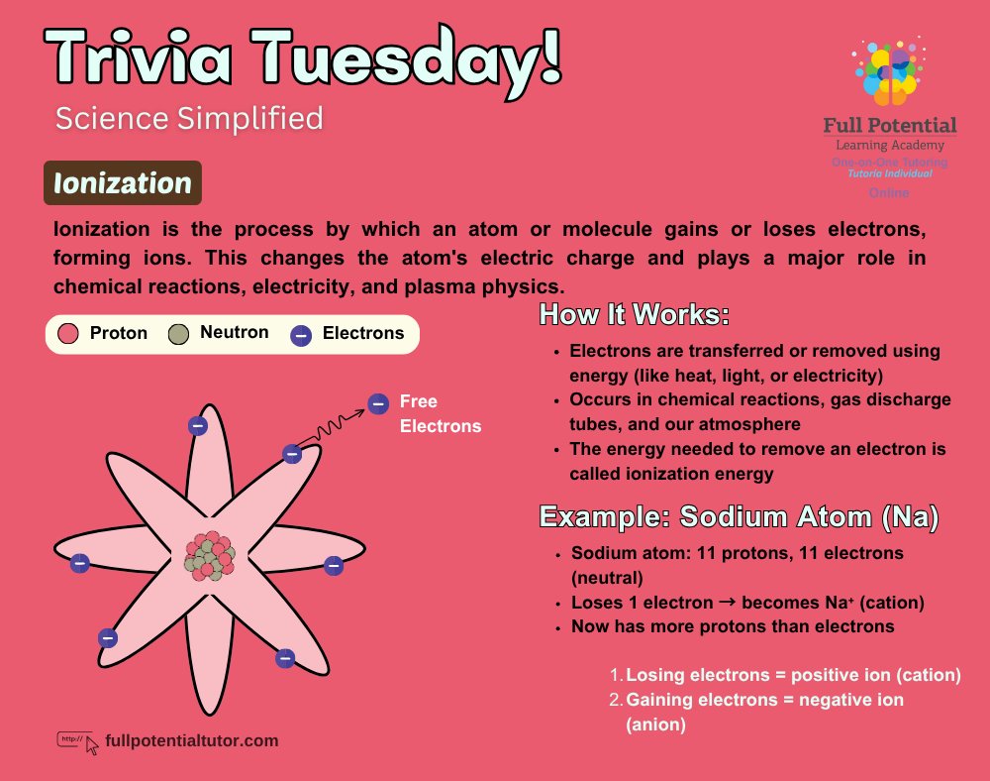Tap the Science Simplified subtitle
click(189, 119)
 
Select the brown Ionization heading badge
click(123, 183)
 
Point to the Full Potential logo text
click(890, 126)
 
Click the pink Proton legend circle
click(68, 333)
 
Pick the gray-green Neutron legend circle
click(178, 334)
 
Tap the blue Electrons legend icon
click(301, 335)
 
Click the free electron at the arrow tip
click(378, 403)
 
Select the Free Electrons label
click(440, 414)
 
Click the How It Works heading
click(634, 316)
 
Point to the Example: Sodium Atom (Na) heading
click(739, 517)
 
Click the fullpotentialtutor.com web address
click(191, 740)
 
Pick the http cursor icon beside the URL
click(79, 741)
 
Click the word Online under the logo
click(889, 192)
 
